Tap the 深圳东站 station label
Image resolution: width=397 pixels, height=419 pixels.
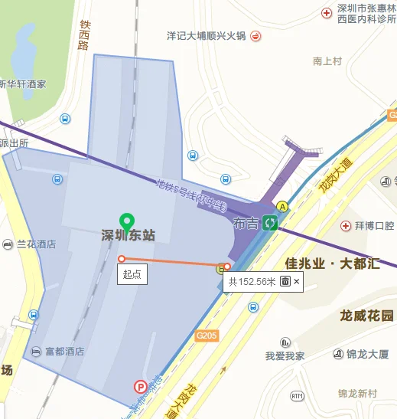pyautogui.click(x=129, y=236)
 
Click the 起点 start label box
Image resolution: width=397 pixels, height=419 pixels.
pyautogui.click(x=132, y=273)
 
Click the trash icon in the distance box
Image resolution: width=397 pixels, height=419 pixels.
pyautogui.click(x=285, y=281)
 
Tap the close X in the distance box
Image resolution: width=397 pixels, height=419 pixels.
pyautogui.click(x=297, y=281)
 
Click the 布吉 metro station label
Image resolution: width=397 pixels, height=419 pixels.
pyautogui.click(x=245, y=223)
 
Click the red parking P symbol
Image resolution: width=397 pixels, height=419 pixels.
pyautogui.click(x=140, y=387)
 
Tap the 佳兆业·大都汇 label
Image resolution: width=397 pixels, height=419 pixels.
pyautogui.click(x=333, y=264)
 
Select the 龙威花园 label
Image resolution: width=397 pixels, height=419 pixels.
pyautogui.click(x=366, y=315)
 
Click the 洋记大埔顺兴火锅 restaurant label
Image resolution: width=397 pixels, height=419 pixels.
pyautogui.click(x=206, y=36)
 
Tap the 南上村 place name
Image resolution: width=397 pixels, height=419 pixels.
pyautogui.click(x=330, y=60)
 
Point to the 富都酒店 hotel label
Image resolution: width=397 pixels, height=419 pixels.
pyautogui.click(x=63, y=352)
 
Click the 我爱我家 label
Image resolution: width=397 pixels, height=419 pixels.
pyautogui.click(x=285, y=355)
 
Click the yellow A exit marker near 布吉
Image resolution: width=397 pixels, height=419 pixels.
pyautogui.click(x=282, y=206)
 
